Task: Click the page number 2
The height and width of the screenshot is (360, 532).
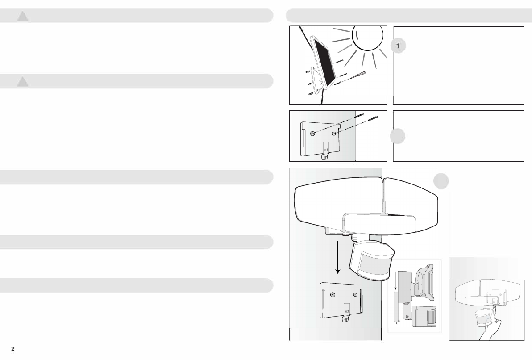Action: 13,349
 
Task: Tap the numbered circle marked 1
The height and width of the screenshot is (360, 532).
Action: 398,46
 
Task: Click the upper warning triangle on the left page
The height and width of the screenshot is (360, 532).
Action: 23,16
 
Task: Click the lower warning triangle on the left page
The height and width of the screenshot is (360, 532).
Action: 23,81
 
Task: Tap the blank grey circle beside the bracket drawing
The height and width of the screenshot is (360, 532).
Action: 397,136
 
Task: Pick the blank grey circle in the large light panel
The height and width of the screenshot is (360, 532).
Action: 441,181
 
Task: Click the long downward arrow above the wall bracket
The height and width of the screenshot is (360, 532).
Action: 337,257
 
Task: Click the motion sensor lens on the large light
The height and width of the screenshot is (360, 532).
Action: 373,266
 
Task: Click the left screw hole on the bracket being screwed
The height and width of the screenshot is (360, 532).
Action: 312,134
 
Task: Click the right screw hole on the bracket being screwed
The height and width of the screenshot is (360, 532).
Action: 334,134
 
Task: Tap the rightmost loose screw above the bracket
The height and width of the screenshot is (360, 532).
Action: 372,118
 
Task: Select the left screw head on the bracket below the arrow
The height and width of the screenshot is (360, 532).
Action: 333,295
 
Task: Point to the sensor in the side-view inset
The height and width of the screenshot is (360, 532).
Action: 424,316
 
